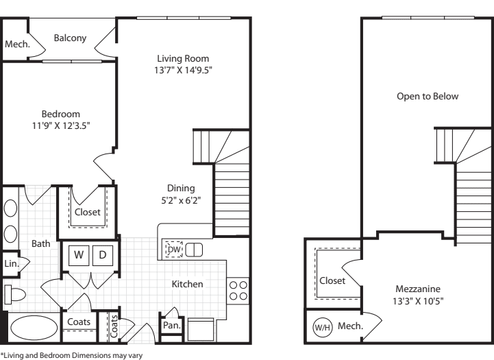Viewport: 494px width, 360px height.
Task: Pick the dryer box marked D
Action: (101, 255)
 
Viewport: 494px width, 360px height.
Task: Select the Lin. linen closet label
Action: (11, 263)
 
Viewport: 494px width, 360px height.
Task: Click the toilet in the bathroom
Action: (15, 295)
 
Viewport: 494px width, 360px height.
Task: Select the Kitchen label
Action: (186, 283)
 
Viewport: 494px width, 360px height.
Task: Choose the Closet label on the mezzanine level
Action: (332, 280)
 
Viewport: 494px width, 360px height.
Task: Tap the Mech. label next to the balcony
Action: (15, 44)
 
